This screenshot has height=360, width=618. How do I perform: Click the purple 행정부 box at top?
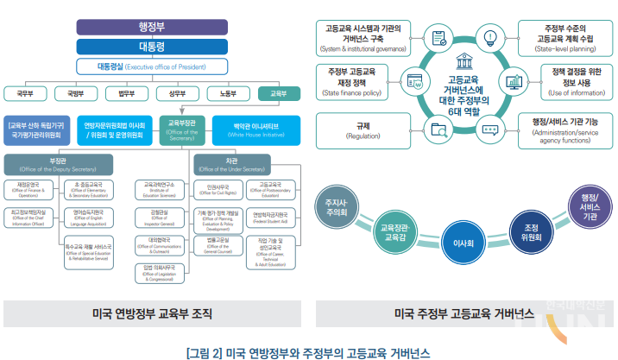(151, 27)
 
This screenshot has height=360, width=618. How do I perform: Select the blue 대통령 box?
(151, 47)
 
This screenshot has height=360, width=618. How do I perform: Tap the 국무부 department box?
(26, 92)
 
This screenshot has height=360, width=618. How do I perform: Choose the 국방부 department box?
(76, 92)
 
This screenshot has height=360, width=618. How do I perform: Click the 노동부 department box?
(228, 92)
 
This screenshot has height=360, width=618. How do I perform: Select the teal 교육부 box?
(279, 92)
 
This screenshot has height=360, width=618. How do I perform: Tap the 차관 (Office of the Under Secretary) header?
(232, 163)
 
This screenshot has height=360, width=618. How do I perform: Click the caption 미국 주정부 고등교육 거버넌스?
(463, 313)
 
